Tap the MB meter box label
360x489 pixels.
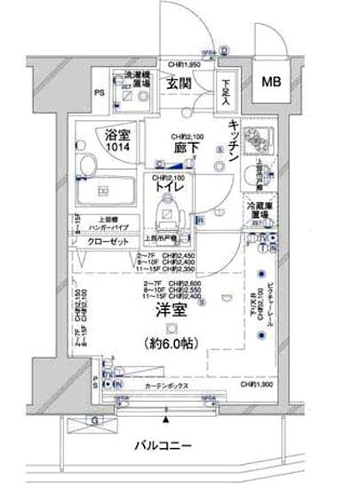(x=270, y=82)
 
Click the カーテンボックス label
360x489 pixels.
(x=166, y=389)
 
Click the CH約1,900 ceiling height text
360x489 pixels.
(x=258, y=384)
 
